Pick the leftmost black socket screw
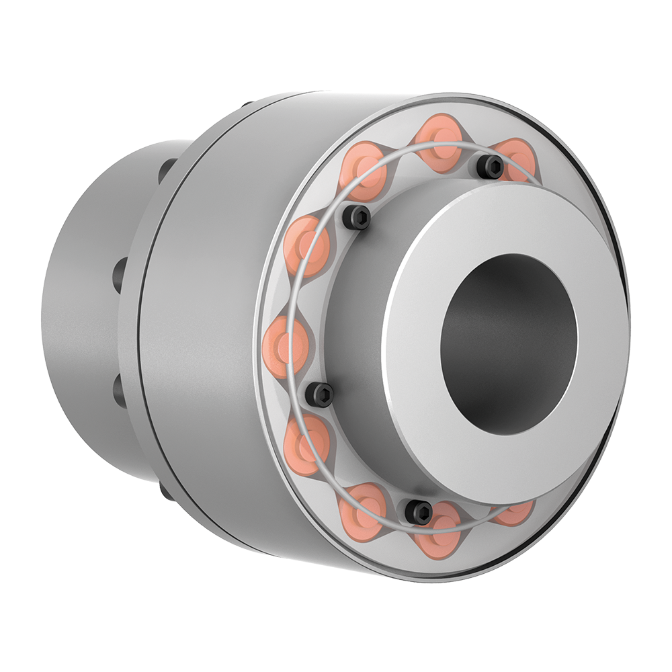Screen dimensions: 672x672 (319, 394)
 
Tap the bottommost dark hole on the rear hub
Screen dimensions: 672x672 (165, 491)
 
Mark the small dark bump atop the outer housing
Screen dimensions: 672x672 (246, 104)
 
